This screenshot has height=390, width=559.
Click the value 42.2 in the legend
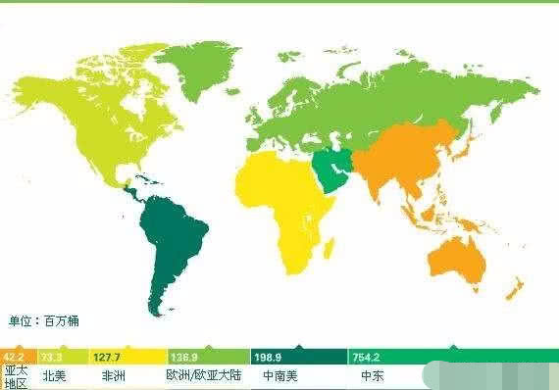coord(13,357)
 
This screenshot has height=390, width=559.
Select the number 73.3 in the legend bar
coord(52,357)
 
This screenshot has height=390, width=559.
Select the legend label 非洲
coord(113,375)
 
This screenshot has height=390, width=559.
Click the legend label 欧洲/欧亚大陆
coord(202,375)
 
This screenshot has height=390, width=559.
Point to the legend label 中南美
coord(281,375)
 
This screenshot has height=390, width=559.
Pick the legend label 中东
coord(372,375)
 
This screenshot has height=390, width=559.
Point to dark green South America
coord(178,245)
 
